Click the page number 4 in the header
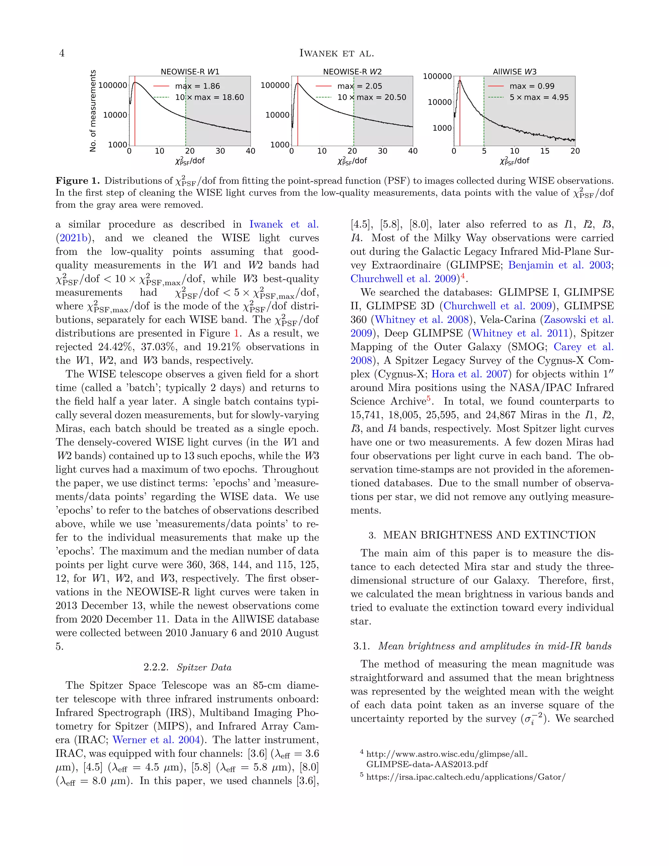click(61, 53)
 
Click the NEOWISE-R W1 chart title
click(190, 72)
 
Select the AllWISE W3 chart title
click(514, 72)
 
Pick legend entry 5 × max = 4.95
click(539, 97)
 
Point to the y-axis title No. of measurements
click(93, 111)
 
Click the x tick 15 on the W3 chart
click(545, 151)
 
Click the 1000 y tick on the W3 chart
click(442, 128)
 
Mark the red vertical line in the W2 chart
click(298, 115)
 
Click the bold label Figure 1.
click(78, 181)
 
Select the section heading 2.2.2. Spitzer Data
click(187, 667)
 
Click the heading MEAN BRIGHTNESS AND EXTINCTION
click(489, 535)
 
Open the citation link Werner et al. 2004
click(156, 740)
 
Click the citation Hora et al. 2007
click(469, 374)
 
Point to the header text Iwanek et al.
click(336, 53)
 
